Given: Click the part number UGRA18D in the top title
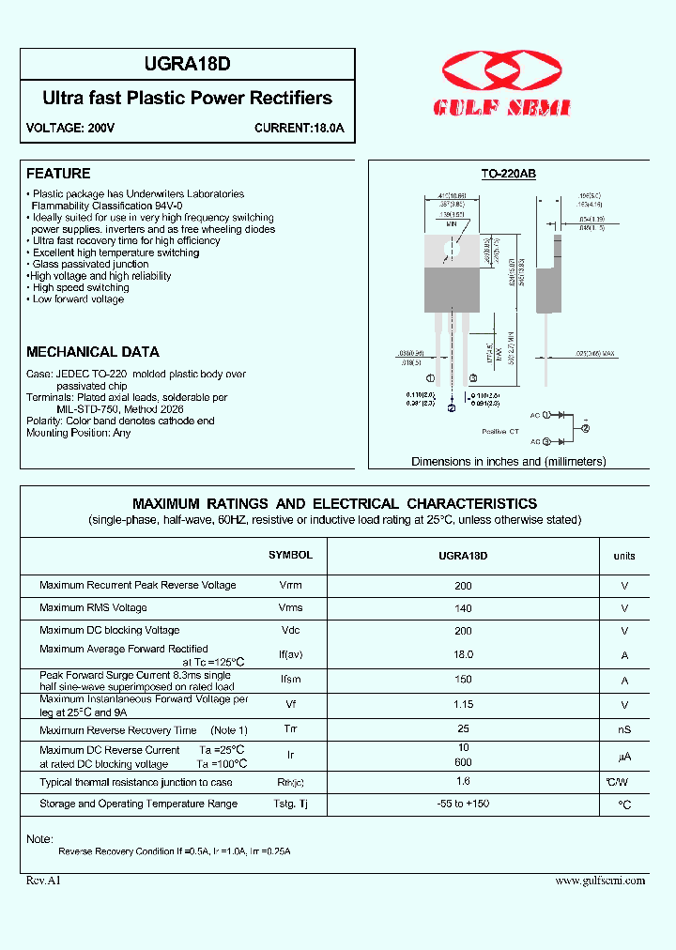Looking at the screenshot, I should [x=188, y=65].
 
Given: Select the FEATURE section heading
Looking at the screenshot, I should [x=58, y=174].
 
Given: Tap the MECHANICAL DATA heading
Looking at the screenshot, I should [x=93, y=352].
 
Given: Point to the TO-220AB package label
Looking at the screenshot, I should [x=508, y=174].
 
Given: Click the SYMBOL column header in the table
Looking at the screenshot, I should [x=290, y=555].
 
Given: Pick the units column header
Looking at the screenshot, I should [x=624, y=556].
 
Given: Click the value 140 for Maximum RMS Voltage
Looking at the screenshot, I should [x=463, y=607].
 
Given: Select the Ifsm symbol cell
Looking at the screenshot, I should [x=290, y=680].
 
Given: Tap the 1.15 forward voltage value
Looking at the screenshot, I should [x=463, y=704].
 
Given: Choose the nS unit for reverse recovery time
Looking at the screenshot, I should [x=624, y=729].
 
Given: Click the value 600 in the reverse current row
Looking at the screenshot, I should [x=463, y=762].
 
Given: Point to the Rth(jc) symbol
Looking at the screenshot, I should [x=290, y=782].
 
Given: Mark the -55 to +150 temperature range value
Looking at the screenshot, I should [x=463, y=804].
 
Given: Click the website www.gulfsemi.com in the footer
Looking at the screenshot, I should [x=600, y=881].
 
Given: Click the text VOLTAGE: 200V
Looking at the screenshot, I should [x=70, y=128].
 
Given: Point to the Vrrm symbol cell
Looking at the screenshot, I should [x=290, y=585].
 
